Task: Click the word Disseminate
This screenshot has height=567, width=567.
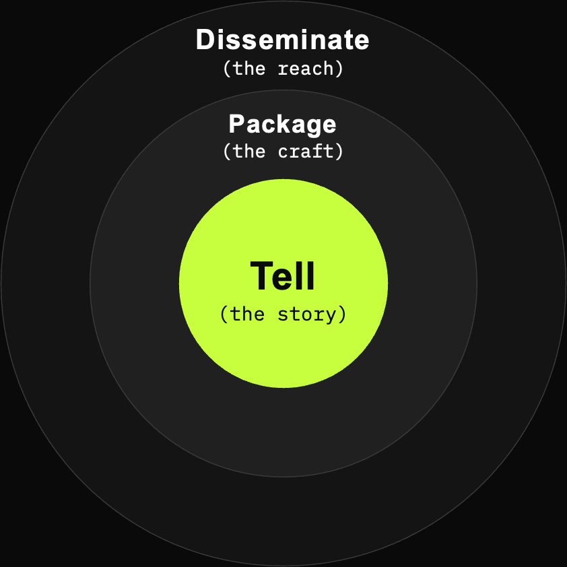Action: point(282,40)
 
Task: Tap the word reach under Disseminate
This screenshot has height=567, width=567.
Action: point(306,68)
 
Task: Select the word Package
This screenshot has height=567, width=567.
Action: point(282,125)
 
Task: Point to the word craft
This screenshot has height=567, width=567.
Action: point(306,151)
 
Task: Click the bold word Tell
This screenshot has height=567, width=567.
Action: point(282,275)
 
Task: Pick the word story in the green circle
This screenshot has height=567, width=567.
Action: point(306,314)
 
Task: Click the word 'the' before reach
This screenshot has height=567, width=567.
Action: point(248,68)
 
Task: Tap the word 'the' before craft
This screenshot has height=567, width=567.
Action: point(248,150)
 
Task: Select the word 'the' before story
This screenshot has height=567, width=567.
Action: point(247,313)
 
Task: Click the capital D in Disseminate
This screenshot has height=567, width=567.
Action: point(206,40)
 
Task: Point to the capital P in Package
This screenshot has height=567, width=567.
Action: point(237,123)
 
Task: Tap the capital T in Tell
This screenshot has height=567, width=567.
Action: point(261,275)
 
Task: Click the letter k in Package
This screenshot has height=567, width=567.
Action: point(286,123)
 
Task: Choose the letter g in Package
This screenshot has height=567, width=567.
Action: point(311,127)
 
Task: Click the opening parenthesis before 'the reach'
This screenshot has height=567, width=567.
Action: point(227,68)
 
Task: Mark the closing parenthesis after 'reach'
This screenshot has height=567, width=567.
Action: point(339,68)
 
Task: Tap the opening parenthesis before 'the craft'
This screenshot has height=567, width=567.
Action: point(227,151)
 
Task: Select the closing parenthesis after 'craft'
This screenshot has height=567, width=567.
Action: point(339,151)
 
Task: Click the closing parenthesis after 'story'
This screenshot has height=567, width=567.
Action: point(343,314)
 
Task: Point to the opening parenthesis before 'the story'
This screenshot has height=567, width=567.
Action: point(224,314)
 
